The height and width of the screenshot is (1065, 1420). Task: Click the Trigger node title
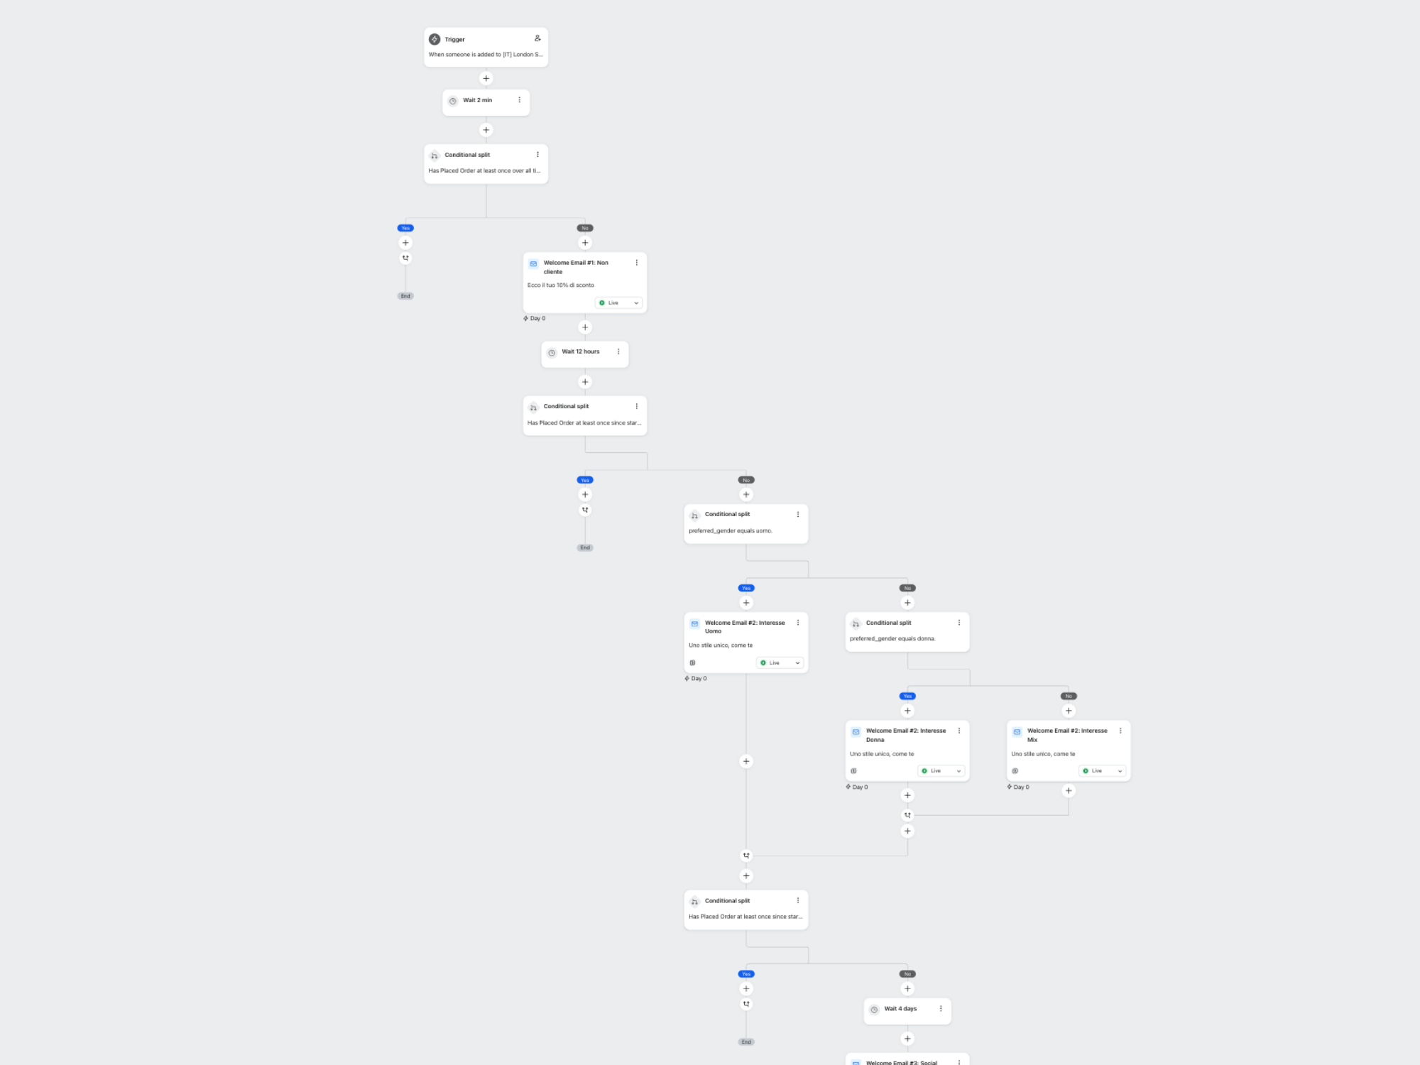(454, 40)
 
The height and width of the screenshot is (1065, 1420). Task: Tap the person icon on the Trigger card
(537, 38)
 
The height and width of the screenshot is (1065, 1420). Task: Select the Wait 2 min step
(477, 100)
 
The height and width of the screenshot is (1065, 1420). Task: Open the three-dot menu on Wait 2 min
(520, 100)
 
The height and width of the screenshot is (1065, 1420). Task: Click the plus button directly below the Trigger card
(486, 78)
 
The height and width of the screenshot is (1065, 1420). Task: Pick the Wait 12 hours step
(580, 352)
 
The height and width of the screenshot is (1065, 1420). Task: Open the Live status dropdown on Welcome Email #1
(618, 303)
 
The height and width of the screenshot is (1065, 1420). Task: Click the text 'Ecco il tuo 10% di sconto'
(560, 285)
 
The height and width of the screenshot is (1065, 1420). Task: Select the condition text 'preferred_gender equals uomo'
(730, 531)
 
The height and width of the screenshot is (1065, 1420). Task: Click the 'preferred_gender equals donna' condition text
(892, 639)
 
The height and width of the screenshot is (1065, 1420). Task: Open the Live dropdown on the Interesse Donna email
(941, 771)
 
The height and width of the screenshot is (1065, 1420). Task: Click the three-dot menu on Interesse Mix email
(1120, 731)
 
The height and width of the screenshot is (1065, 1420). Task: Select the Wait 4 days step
(900, 1009)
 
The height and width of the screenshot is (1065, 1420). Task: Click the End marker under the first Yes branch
(405, 296)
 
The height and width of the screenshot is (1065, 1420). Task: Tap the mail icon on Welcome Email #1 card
(533, 264)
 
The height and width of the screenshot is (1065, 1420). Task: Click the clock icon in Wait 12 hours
(552, 353)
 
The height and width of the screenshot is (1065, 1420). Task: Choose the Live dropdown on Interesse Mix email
(1102, 771)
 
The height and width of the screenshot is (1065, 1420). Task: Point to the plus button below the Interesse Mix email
(1069, 791)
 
